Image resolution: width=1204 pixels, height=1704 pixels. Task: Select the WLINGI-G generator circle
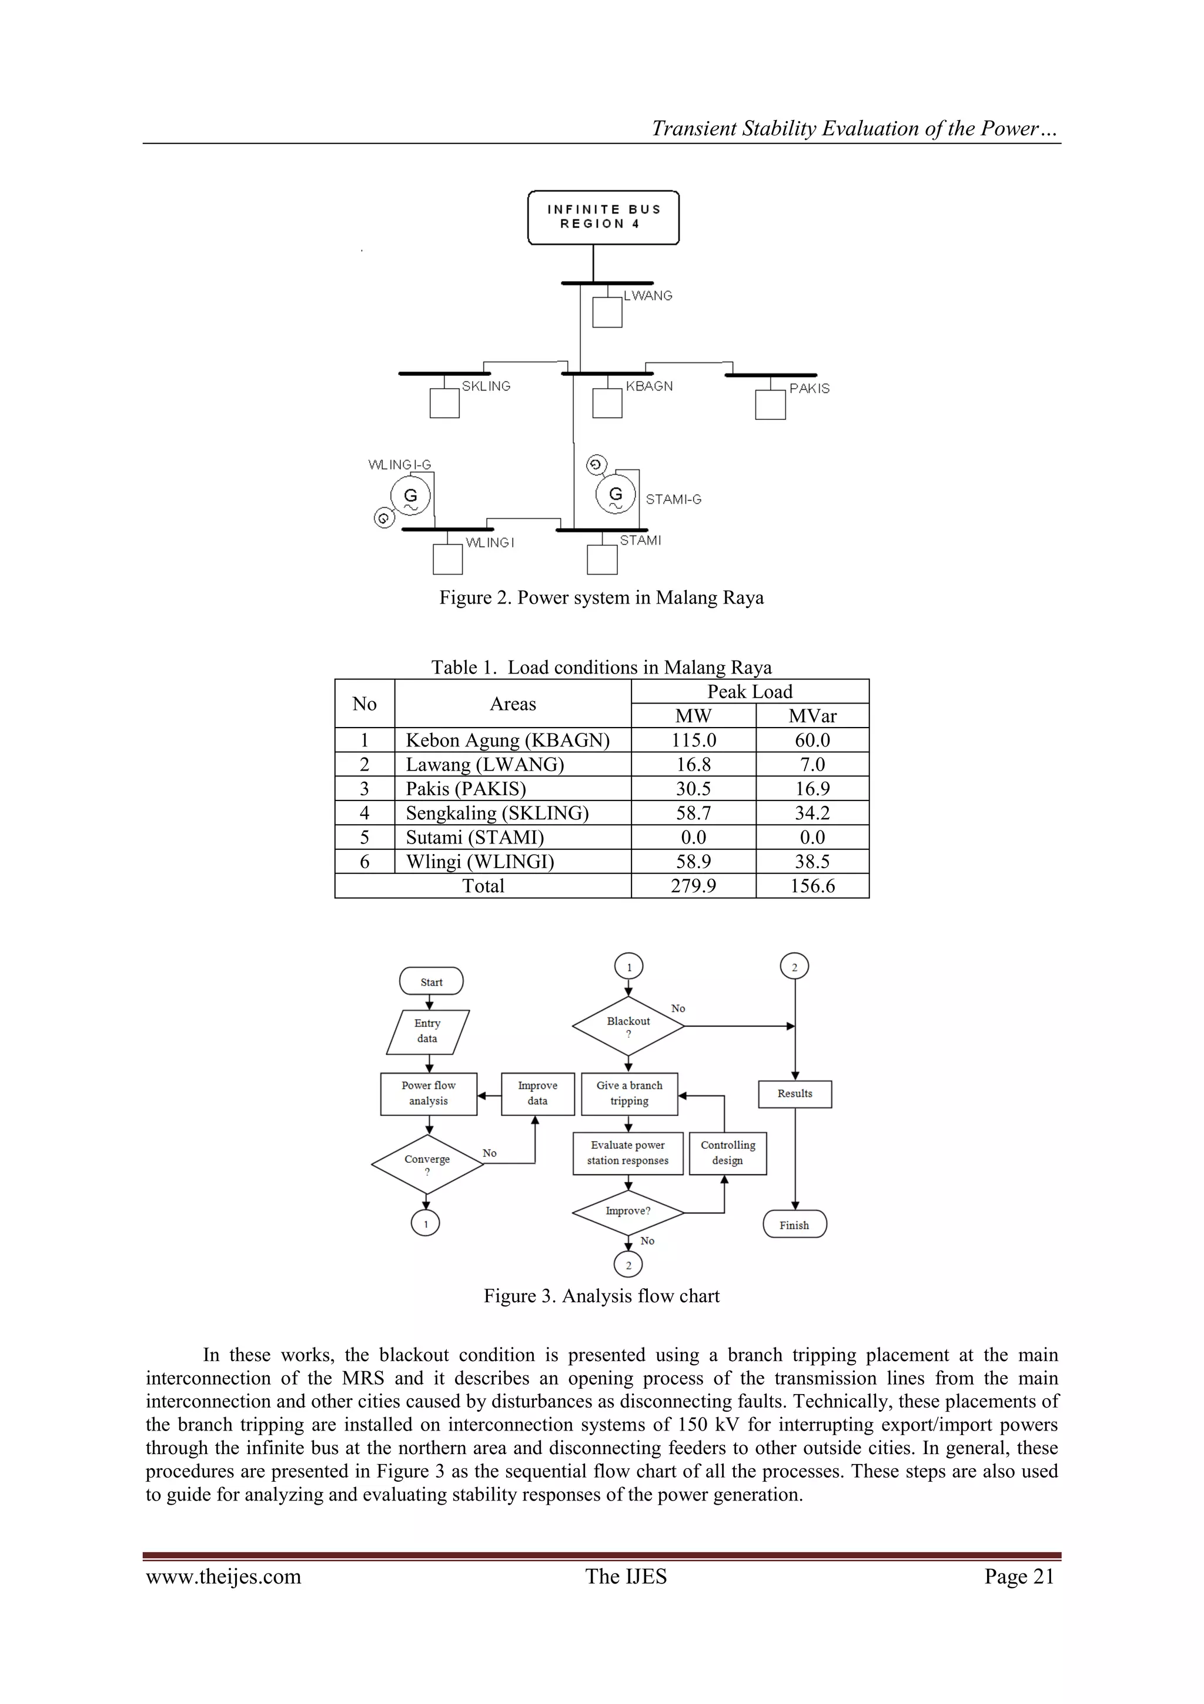coord(410,496)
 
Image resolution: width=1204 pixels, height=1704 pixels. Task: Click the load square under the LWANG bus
coord(607,312)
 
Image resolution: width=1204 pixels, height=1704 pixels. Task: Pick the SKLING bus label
coord(486,386)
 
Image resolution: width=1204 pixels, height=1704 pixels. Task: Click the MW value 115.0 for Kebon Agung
coord(693,740)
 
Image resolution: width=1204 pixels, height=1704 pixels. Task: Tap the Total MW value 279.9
coord(693,886)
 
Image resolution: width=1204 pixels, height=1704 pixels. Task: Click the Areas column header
coord(513,703)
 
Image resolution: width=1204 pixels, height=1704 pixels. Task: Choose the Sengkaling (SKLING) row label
coord(497,813)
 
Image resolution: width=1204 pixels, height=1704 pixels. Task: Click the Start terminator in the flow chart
coord(431,981)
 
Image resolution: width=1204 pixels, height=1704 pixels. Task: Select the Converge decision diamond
coord(427,1163)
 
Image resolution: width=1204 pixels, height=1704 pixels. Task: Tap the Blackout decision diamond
coord(628,1026)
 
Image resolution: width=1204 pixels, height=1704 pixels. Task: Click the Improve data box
coord(538,1093)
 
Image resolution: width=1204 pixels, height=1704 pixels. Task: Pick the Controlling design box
coord(728,1153)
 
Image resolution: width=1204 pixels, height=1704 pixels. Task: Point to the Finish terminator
coord(794,1225)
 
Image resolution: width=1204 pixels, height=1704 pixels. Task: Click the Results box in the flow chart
coord(794,1093)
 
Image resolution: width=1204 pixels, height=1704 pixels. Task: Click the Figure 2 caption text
coord(601,598)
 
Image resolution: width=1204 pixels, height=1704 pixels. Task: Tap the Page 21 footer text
coord(1019,1576)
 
